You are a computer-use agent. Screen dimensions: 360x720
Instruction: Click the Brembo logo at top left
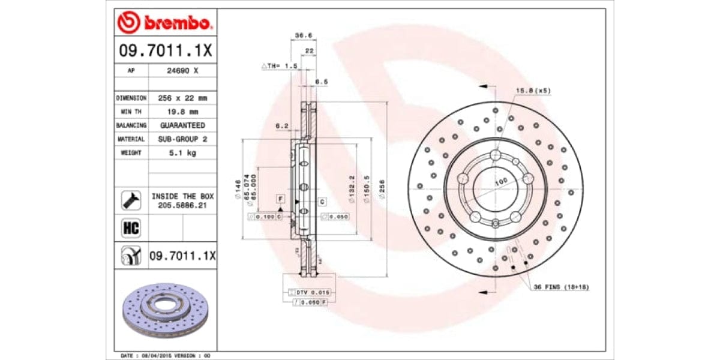tap(164, 23)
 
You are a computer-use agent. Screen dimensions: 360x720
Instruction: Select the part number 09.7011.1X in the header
tap(164, 51)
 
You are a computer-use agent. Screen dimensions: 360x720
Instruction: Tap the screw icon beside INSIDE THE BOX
tap(131, 200)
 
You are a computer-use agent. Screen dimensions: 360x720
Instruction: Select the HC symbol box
tap(131, 228)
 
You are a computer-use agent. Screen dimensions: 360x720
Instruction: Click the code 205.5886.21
tap(182, 205)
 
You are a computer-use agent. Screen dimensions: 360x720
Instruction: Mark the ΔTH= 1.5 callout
tap(280, 66)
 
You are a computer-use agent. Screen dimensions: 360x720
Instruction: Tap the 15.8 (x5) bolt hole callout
tap(533, 91)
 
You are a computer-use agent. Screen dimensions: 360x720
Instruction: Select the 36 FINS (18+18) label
tap(561, 287)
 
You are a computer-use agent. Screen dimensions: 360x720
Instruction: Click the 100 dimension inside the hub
tap(500, 181)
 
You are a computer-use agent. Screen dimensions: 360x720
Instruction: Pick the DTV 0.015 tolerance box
tap(312, 292)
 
